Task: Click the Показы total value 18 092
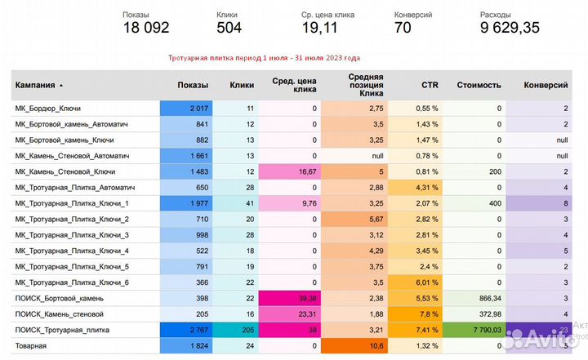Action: click(145, 27)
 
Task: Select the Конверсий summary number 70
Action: click(403, 27)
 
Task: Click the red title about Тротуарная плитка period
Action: click(264, 58)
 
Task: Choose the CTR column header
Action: click(430, 85)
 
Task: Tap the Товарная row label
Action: click(31, 346)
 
